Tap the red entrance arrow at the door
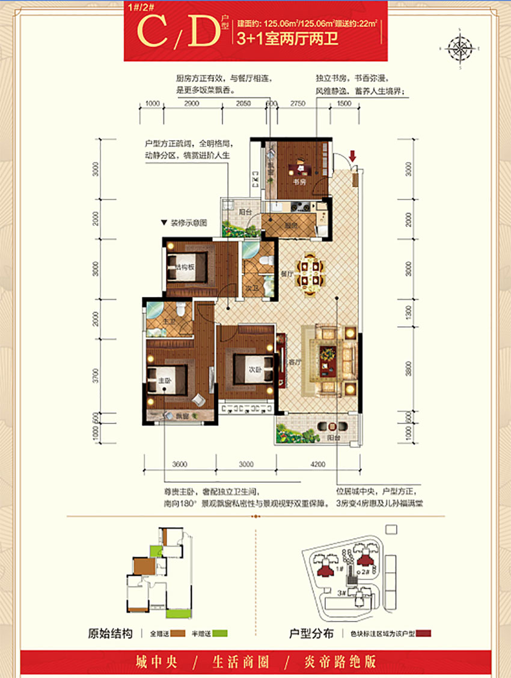tap(353, 157)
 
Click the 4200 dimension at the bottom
tap(317, 464)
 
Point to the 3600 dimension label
tap(179, 464)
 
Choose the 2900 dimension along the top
tap(191, 104)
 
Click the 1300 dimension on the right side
tap(409, 311)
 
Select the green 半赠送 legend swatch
tap(222, 634)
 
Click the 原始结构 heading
tap(110, 634)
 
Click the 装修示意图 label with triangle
tap(184, 222)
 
